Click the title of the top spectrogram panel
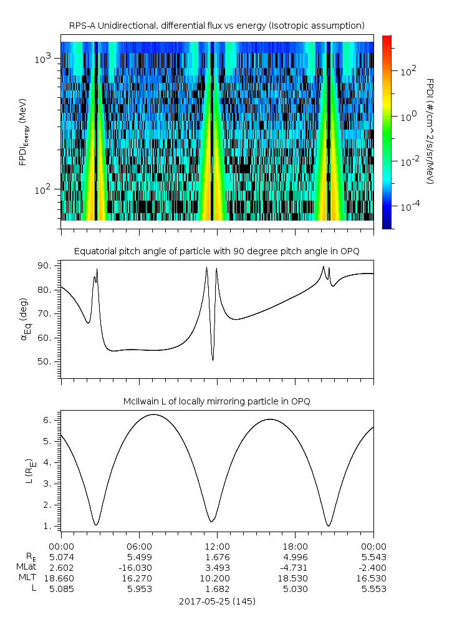tap(216, 26)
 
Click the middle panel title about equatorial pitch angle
tap(216, 251)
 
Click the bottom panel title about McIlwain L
tap(216, 401)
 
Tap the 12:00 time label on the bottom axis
tap(217, 545)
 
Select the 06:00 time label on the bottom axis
tap(139, 545)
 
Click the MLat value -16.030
tap(139, 567)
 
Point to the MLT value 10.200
tap(217, 578)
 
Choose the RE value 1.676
tap(217, 556)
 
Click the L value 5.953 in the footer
tap(139, 588)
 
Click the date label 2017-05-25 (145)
tap(216, 601)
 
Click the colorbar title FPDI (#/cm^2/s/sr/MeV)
tap(430, 131)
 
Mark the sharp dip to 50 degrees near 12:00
tap(213, 360)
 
